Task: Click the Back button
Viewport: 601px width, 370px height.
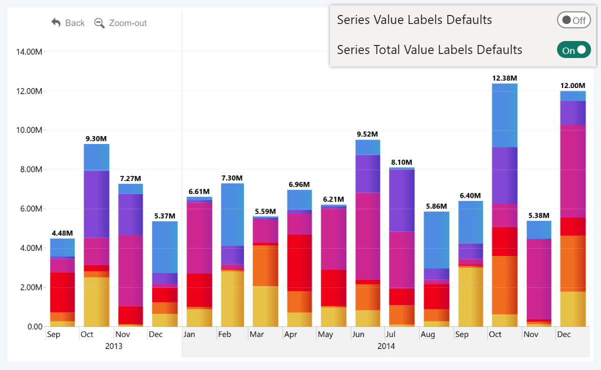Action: (x=68, y=23)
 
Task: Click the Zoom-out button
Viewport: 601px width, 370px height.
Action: (x=121, y=23)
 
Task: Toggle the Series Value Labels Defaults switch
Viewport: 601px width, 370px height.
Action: (x=573, y=20)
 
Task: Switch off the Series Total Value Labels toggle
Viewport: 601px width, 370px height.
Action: (x=573, y=50)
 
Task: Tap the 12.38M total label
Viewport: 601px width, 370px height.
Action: (x=505, y=78)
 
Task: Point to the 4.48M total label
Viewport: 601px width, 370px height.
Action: (x=62, y=233)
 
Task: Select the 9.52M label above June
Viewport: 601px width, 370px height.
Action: (x=367, y=134)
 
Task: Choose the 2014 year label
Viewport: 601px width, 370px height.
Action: (x=386, y=346)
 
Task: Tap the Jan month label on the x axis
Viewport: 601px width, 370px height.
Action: (x=189, y=334)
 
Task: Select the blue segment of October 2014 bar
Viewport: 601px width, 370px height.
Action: (x=505, y=115)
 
